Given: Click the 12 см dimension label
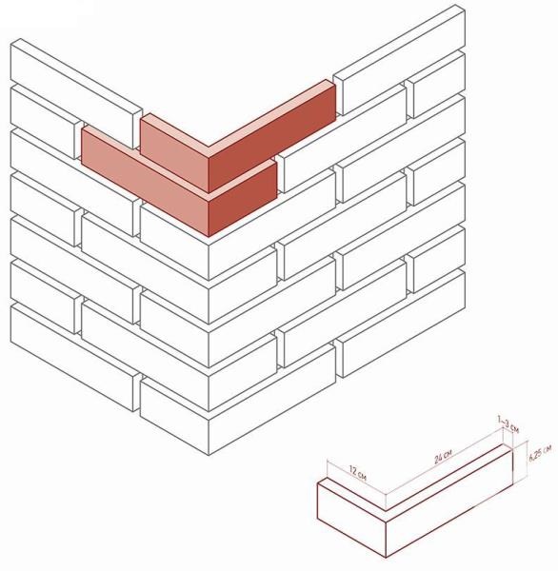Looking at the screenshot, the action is (357, 472).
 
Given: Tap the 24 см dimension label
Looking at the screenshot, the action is (443, 456).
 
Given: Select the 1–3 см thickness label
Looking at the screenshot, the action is (508, 424).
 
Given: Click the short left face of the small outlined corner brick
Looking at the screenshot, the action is (351, 519).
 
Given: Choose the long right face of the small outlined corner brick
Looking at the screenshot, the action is (449, 502).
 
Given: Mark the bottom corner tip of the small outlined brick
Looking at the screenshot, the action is (386, 557).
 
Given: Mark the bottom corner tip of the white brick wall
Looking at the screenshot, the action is (209, 455).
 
